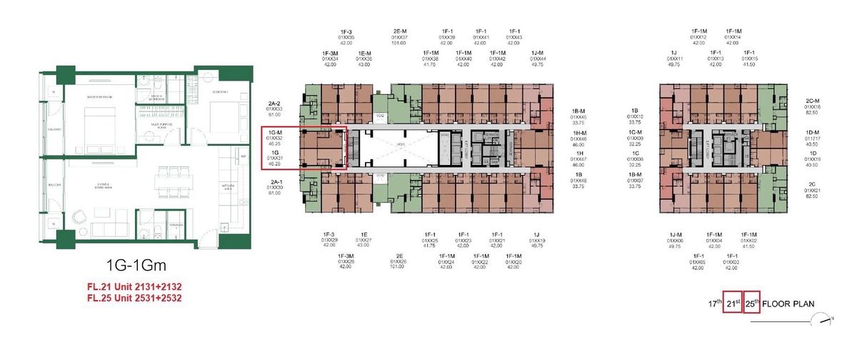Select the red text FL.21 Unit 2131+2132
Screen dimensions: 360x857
point(134,288)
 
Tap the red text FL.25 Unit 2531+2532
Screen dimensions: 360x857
point(134,299)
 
